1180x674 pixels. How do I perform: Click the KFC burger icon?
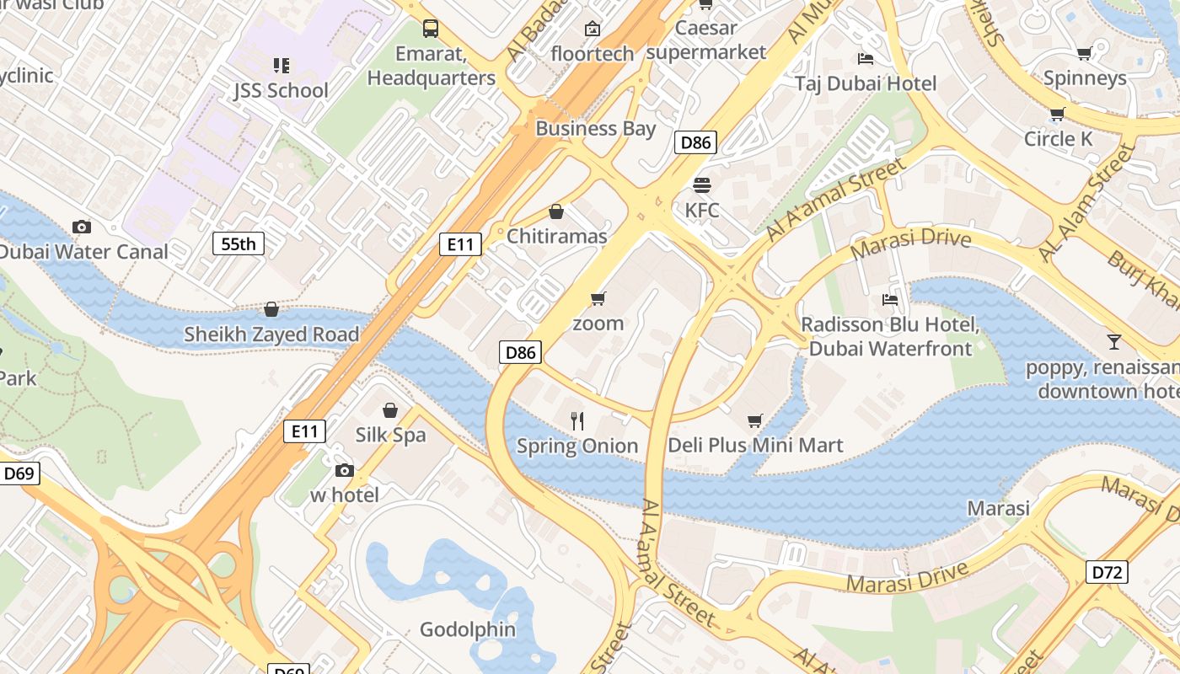click(702, 185)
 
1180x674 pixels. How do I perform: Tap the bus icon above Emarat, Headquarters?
click(431, 29)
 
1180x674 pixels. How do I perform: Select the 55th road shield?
click(238, 244)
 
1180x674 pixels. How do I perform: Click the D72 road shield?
click(1108, 573)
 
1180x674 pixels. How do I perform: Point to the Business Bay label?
click(595, 129)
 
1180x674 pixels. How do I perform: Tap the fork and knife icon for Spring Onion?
click(577, 421)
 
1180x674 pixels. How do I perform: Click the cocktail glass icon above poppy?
click(1114, 342)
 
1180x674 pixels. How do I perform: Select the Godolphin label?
click(468, 629)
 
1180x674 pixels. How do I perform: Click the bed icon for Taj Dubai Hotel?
click(865, 59)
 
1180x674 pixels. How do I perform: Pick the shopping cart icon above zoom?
click(598, 298)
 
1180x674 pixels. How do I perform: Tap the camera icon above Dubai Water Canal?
click(82, 227)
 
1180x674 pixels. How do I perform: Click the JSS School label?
click(281, 90)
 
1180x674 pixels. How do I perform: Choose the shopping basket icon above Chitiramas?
click(556, 211)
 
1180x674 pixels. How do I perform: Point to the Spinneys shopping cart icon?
click(1084, 54)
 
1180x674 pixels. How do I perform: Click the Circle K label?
click(1058, 139)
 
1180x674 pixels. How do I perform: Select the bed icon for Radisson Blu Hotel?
click(889, 300)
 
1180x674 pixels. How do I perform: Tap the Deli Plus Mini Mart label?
click(755, 445)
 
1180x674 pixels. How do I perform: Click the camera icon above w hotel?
click(344, 470)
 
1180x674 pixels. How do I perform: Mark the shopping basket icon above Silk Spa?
click(390, 410)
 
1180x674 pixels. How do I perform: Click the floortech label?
click(592, 54)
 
